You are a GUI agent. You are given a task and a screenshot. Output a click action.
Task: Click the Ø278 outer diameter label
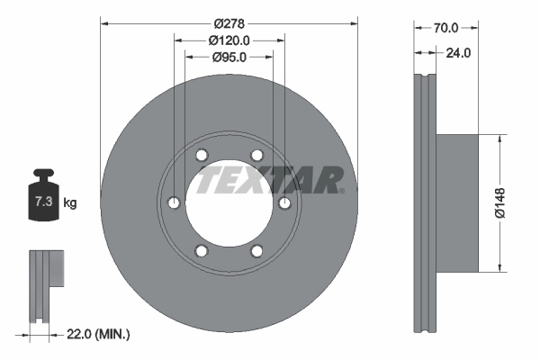point(229,23)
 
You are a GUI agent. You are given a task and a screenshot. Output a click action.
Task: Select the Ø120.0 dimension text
point(229,40)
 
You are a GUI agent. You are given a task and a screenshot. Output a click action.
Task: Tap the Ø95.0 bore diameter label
point(229,58)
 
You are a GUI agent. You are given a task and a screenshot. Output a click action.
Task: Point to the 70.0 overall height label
point(446,28)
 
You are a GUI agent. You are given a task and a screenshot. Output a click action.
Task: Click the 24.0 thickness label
point(458,53)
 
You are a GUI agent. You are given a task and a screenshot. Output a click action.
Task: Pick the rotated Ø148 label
point(499,202)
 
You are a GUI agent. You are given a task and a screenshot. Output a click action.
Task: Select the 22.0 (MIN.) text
point(98,334)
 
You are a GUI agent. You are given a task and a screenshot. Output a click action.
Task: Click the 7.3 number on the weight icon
point(44,202)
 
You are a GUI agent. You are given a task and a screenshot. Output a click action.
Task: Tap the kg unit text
point(70,202)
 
